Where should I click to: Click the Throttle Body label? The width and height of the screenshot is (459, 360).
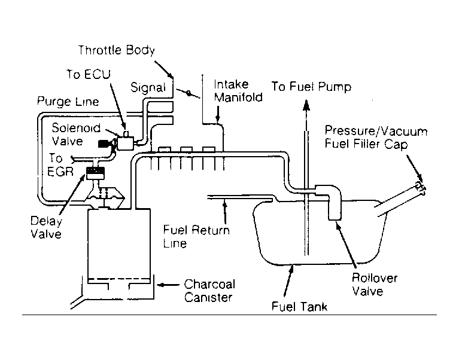(116, 50)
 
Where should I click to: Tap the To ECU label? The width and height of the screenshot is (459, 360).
(89, 74)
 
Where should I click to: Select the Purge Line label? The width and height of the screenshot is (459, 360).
(68, 102)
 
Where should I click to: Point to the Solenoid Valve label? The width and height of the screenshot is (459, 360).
(76, 135)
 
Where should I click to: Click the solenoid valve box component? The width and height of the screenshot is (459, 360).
(126, 144)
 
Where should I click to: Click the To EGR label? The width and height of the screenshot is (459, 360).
(60, 165)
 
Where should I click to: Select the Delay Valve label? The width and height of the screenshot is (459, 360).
(46, 227)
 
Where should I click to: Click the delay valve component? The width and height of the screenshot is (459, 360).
(95, 173)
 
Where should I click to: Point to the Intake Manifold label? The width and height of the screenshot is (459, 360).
(238, 91)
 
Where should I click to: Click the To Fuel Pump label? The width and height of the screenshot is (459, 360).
(311, 87)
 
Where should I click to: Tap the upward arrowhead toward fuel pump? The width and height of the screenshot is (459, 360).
(306, 105)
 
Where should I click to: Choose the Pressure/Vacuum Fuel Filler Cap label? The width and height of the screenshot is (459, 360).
(376, 137)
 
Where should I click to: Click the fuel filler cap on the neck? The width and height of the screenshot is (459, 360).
(420, 188)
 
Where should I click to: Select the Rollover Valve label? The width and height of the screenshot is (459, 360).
(375, 285)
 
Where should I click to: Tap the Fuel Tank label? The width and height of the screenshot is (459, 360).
(299, 307)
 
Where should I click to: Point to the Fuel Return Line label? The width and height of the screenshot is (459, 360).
(196, 237)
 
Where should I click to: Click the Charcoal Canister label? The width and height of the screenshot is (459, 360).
(209, 291)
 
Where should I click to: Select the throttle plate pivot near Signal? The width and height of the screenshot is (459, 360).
(189, 93)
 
